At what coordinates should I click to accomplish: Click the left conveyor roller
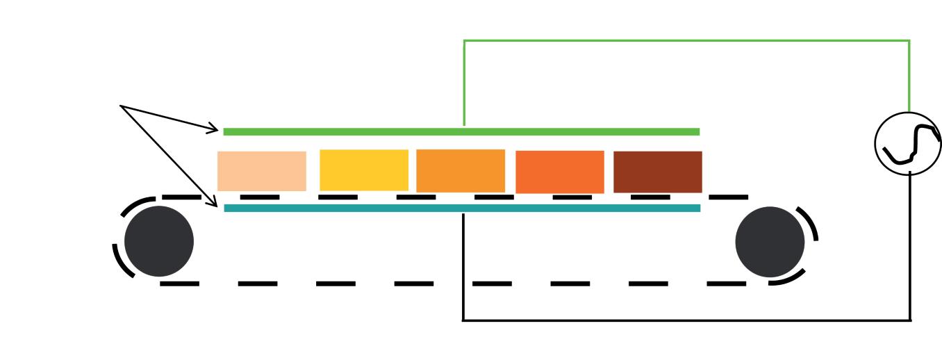(x=158, y=241)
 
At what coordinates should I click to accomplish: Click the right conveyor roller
(x=770, y=241)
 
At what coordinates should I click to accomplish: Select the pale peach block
(x=262, y=171)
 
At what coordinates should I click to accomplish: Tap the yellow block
(x=364, y=170)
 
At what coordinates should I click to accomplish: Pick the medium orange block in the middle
(x=461, y=171)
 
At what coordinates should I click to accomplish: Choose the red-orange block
(x=560, y=172)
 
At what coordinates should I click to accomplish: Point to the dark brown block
(x=658, y=172)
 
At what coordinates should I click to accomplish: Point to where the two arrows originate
(x=122, y=106)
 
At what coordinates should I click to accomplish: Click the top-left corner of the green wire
(x=464, y=41)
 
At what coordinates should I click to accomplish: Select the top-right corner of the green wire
(x=909, y=41)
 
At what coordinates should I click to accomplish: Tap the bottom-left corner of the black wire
(x=463, y=320)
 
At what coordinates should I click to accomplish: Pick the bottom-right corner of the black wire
(x=910, y=320)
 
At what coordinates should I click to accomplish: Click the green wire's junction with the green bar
(x=464, y=129)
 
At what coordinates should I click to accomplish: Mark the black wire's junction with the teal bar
(x=463, y=211)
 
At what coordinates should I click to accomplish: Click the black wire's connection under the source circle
(x=909, y=173)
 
